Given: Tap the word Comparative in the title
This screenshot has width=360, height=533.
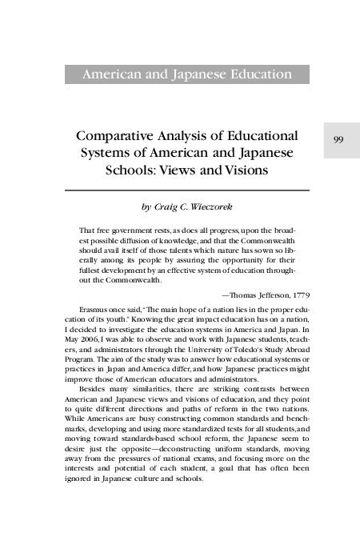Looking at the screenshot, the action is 127,135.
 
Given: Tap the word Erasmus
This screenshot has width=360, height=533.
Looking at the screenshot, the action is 94,307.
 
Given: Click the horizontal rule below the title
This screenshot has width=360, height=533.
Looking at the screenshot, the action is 186,191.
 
